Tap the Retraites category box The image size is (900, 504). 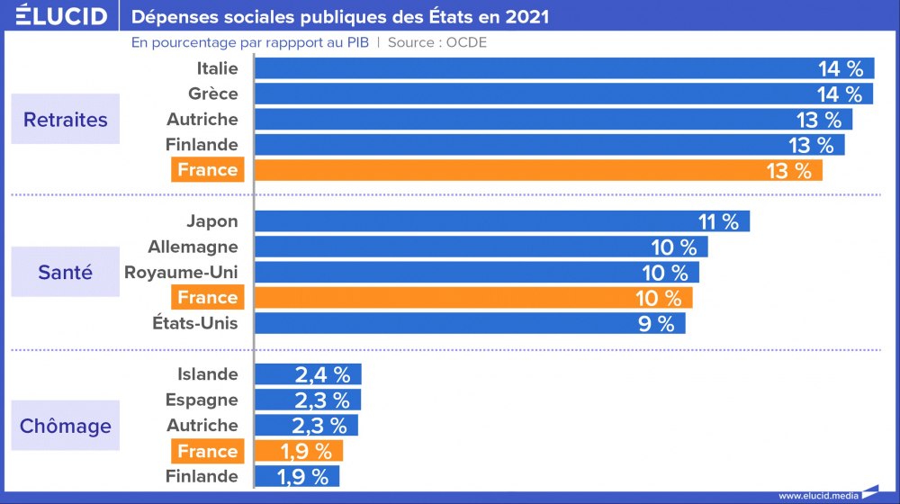65,120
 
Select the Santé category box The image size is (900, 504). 65,272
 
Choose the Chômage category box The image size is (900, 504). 65,426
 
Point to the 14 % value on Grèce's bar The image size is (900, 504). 840,94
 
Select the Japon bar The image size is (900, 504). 502,221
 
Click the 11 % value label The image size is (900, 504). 717,221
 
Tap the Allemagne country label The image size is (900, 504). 193,247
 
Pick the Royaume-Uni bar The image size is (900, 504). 477,273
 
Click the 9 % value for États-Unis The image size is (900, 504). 656,324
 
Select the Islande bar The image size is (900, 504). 308,374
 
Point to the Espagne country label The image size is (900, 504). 202,400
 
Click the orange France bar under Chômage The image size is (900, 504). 299,451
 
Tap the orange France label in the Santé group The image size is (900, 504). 207,298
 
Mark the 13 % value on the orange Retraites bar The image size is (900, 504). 788,170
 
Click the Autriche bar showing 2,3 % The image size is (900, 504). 306,426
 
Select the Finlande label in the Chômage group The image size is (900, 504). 202,476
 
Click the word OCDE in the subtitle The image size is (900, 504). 466,42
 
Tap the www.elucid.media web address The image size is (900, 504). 817,495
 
